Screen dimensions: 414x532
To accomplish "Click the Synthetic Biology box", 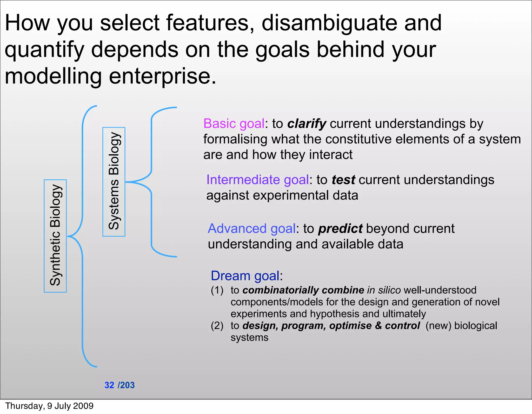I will pos(55,236).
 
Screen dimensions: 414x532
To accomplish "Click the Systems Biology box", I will pos(114,182).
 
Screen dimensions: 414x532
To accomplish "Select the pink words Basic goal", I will pos(234,123).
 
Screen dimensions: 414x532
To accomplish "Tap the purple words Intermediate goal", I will pos(257,180).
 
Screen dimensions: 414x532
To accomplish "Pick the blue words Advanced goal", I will pos(251,228).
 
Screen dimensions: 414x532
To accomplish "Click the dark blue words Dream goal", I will pos(245,276).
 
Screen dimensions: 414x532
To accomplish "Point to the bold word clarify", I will pos(307,124).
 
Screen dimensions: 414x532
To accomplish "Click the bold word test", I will pos(343,180).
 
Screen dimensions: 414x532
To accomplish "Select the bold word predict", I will pos(340,229).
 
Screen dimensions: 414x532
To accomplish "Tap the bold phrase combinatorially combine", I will pos(303,290).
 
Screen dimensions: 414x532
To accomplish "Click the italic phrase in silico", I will pos(384,290).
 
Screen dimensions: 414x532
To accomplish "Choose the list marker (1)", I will pos(217,290).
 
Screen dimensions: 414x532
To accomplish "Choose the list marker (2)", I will pos(217,326).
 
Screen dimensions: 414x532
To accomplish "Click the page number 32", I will pos(109,385).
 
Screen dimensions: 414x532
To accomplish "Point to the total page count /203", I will pos(126,385).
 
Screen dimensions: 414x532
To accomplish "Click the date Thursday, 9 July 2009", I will pos(49,406).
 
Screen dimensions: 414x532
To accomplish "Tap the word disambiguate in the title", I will pos(329,23).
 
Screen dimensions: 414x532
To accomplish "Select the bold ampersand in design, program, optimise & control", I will pos(378,326).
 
